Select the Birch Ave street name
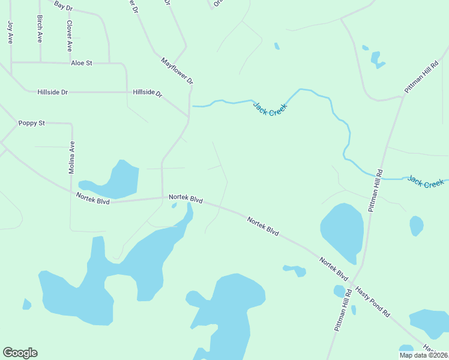[x=40, y=29]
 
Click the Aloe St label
[x=81, y=62]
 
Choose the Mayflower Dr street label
[x=177, y=71]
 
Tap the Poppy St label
[x=32, y=123]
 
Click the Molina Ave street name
[x=71, y=157]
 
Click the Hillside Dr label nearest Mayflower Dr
[x=148, y=93]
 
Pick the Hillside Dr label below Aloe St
[x=52, y=92]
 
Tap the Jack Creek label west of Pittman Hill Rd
[x=270, y=109]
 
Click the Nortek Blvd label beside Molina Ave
[x=93, y=199]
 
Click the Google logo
[x=20, y=353]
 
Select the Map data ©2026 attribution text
[x=423, y=355]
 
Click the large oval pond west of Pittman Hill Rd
[x=342, y=229]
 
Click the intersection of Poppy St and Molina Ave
[x=71, y=124]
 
